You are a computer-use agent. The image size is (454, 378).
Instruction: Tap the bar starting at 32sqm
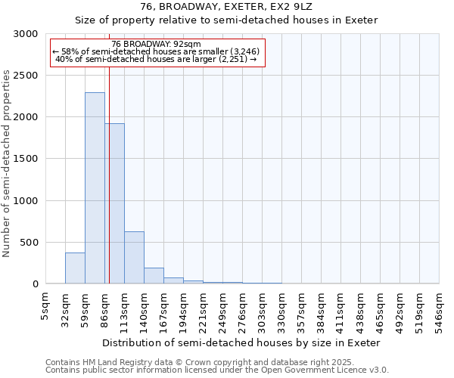75,268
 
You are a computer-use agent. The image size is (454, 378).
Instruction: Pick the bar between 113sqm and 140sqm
134,258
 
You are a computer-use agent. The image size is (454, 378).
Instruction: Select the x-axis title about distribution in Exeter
241,342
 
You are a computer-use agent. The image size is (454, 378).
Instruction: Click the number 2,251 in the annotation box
232,59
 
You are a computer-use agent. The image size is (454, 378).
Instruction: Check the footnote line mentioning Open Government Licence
217,370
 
